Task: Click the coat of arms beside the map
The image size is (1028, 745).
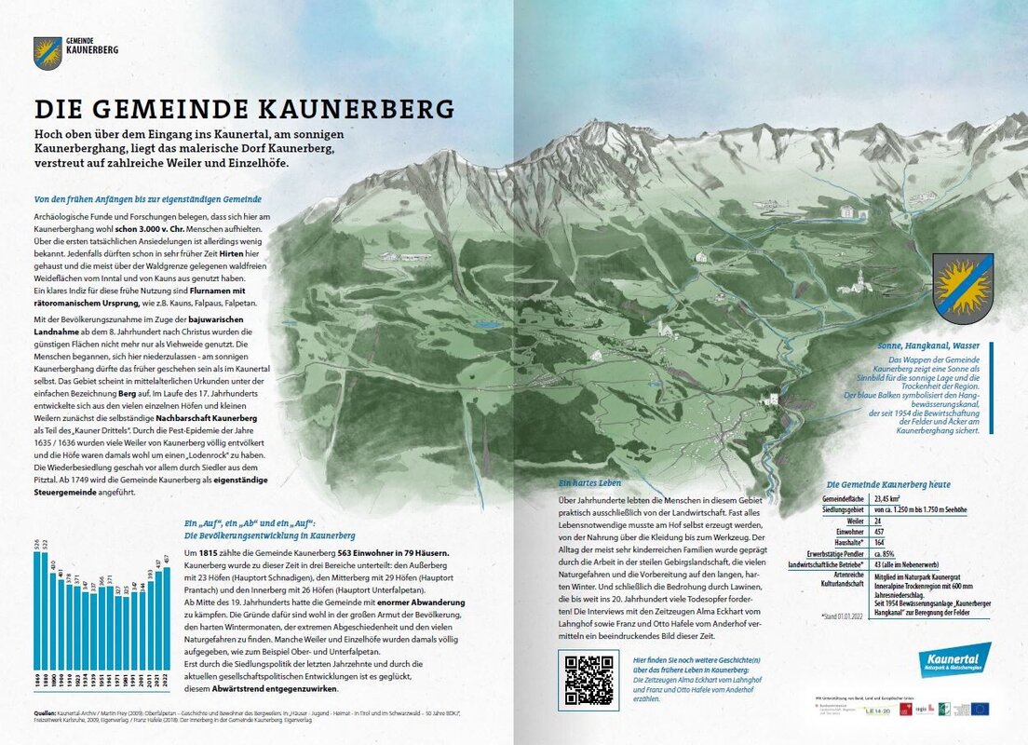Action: pyautogui.click(x=963, y=289)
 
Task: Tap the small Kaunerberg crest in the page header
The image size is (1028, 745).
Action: pyautogui.click(x=47, y=52)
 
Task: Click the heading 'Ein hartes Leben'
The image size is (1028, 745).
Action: pyautogui.click(x=589, y=483)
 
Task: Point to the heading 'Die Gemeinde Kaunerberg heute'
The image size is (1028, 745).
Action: pyautogui.click(x=888, y=484)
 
